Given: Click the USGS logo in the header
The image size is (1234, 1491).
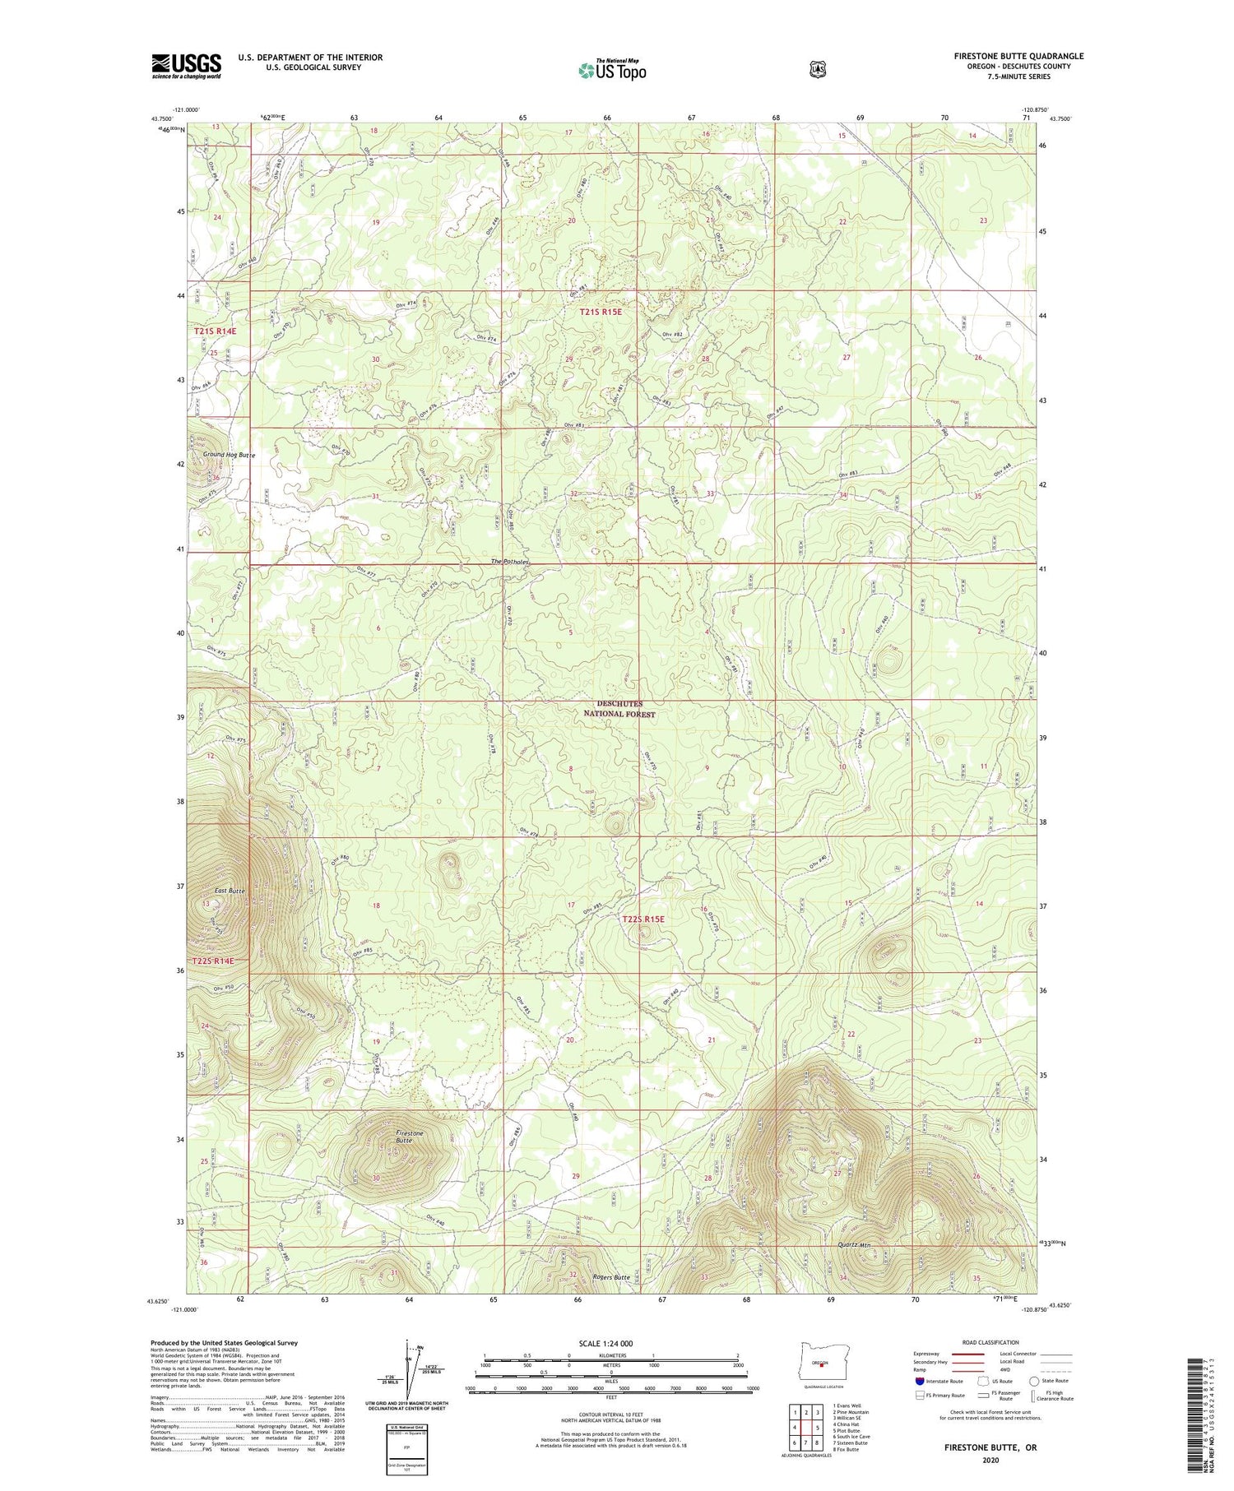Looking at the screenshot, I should click(186, 65).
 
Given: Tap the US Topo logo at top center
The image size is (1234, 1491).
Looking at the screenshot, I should click(612, 69).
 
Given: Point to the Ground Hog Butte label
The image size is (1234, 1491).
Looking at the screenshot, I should click(229, 455).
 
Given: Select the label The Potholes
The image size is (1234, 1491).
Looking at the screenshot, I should click(510, 562).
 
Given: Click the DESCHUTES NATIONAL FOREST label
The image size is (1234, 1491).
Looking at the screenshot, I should click(619, 709).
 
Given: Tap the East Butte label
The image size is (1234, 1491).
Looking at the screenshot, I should click(230, 891).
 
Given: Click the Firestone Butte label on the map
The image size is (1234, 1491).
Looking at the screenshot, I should click(409, 1137).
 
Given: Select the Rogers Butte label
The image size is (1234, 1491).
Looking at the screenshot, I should click(611, 1277).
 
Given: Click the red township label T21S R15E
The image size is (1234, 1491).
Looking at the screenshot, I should click(605, 312).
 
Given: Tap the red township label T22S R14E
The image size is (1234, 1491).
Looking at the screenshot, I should click(213, 961).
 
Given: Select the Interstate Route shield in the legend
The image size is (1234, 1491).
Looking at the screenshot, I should click(920, 1381).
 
